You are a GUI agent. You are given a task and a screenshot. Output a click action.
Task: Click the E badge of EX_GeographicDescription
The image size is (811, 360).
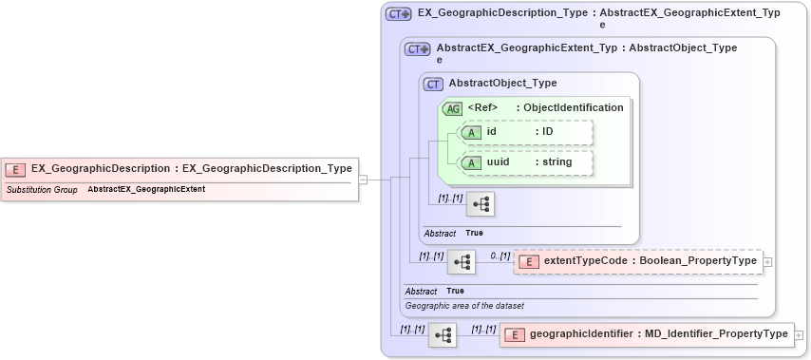pos(15,169)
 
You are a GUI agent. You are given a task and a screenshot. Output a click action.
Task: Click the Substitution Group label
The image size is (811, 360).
pos(42,190)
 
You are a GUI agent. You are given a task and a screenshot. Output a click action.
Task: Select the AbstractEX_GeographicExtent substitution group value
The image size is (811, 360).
pos(146,190)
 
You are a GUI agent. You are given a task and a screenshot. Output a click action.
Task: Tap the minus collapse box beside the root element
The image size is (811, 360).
pos(363,180)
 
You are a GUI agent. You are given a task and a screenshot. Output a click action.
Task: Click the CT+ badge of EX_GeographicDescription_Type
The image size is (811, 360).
pos(398,14)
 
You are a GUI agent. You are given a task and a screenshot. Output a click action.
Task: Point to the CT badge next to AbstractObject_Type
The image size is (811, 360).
pos(434,84)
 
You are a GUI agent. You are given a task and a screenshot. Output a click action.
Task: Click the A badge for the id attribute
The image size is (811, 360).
pos(471,132)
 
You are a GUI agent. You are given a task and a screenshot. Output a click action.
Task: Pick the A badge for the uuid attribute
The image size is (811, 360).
pos(471,162)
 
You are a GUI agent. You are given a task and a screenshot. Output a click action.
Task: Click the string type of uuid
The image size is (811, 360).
pos(556,162)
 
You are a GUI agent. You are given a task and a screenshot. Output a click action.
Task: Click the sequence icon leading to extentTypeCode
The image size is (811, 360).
pos(462,261)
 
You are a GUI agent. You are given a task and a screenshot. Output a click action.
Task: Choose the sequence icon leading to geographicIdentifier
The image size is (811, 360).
pos(443,334)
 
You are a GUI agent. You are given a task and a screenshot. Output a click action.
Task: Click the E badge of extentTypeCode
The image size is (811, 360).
pos(528,261)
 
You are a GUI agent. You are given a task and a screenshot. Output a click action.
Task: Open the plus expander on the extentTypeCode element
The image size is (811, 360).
pos(767,261)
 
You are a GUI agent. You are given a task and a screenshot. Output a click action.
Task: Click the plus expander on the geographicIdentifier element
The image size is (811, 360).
pos(799,334)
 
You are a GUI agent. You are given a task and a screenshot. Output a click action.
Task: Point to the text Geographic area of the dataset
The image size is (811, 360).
pos(464,306)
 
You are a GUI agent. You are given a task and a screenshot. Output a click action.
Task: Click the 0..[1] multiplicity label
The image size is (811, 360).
pos(500,256)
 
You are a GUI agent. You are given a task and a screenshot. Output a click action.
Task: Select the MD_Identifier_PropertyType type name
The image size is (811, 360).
pos(716,334)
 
